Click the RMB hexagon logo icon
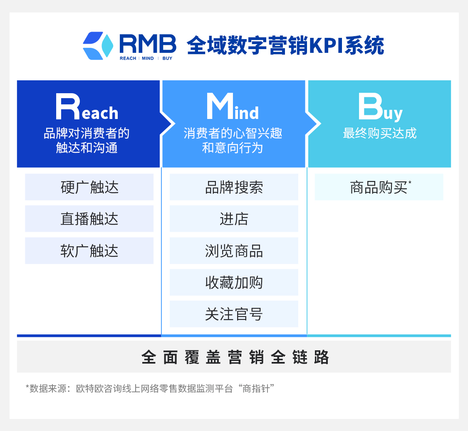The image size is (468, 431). tap(98, 46)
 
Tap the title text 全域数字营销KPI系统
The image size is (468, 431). tap(285, 45)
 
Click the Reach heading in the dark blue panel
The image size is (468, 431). tap(87, 107)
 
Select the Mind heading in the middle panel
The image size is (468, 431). tap(233, 107)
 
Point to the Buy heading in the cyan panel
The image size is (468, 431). tap(381, 107)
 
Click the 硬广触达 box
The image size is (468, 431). tap(89, 187)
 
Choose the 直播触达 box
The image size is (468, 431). tap(89, 219)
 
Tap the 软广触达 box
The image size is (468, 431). tap(89, 251)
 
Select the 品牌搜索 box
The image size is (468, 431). tap(234, 187)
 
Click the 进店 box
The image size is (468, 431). tap(234, 219)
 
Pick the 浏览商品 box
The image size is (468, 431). tap(234, 251)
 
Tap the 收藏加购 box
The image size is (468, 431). tap(234, 282)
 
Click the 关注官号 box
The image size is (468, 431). tap(234, 314)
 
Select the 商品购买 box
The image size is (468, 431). tap(379, 187)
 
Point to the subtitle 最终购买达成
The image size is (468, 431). tap(380, 133)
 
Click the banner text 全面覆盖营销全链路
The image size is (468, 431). tap(235, 357)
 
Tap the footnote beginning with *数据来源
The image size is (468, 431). tap(150, 389)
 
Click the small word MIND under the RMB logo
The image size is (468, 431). tap(148, 59)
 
